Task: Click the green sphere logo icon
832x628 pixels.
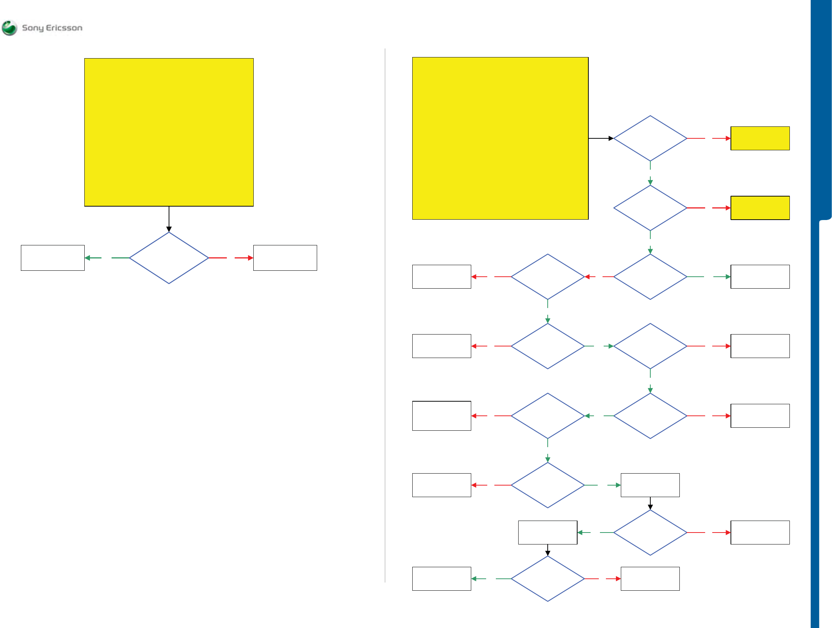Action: coord(9,28)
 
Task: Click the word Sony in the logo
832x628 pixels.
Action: coord(33,28)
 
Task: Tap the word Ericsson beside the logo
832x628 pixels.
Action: coord(64,28)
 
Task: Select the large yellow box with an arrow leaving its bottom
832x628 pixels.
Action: coord(169,132)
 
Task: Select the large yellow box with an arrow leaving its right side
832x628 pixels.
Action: coord(500,138)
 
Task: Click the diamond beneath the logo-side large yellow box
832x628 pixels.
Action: coord(169,258)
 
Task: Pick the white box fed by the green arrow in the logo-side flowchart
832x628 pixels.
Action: coord(53,258)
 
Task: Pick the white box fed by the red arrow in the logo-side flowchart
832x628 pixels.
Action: coord(285,258)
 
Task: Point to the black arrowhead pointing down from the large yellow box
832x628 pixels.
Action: coord(169,229)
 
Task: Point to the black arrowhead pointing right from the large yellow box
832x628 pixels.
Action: coord(611,138)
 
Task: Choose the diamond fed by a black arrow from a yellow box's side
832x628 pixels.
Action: coord(650,138)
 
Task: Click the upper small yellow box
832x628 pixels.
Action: coord(760,138)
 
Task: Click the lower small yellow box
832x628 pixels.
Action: coord(760,208)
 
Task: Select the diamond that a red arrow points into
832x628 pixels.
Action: coord(548,277)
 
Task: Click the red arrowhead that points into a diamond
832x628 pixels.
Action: coord(587,277)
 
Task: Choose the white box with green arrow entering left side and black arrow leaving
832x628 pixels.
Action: coord(650,485)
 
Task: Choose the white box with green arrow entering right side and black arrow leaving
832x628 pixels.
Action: coord(548,533)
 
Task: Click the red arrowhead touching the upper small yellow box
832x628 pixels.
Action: coord(728,138)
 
